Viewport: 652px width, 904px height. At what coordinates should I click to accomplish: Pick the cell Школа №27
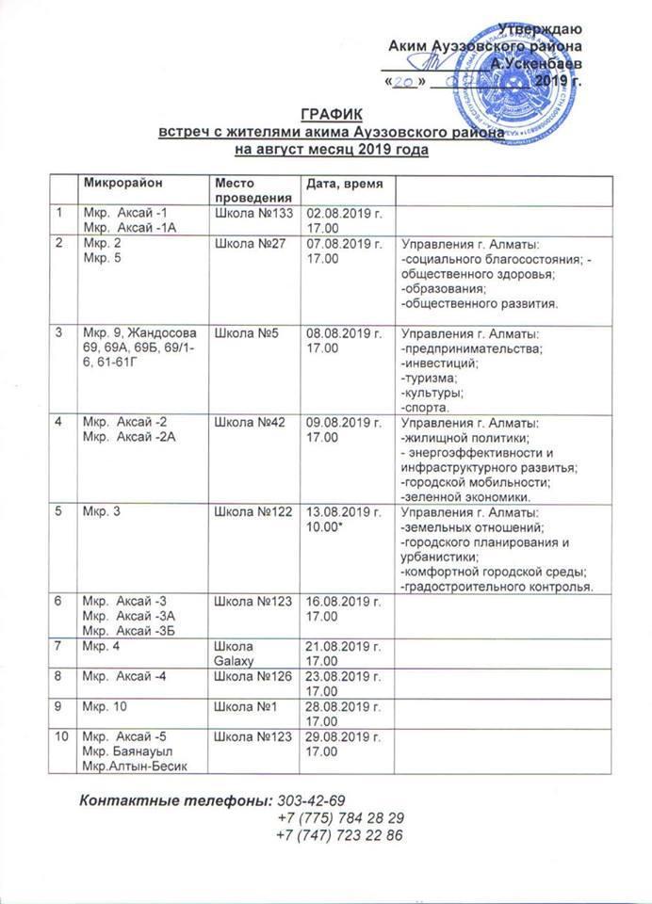click(x=243, y=245)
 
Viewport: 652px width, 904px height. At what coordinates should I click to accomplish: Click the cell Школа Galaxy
click(x=236, y=651)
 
